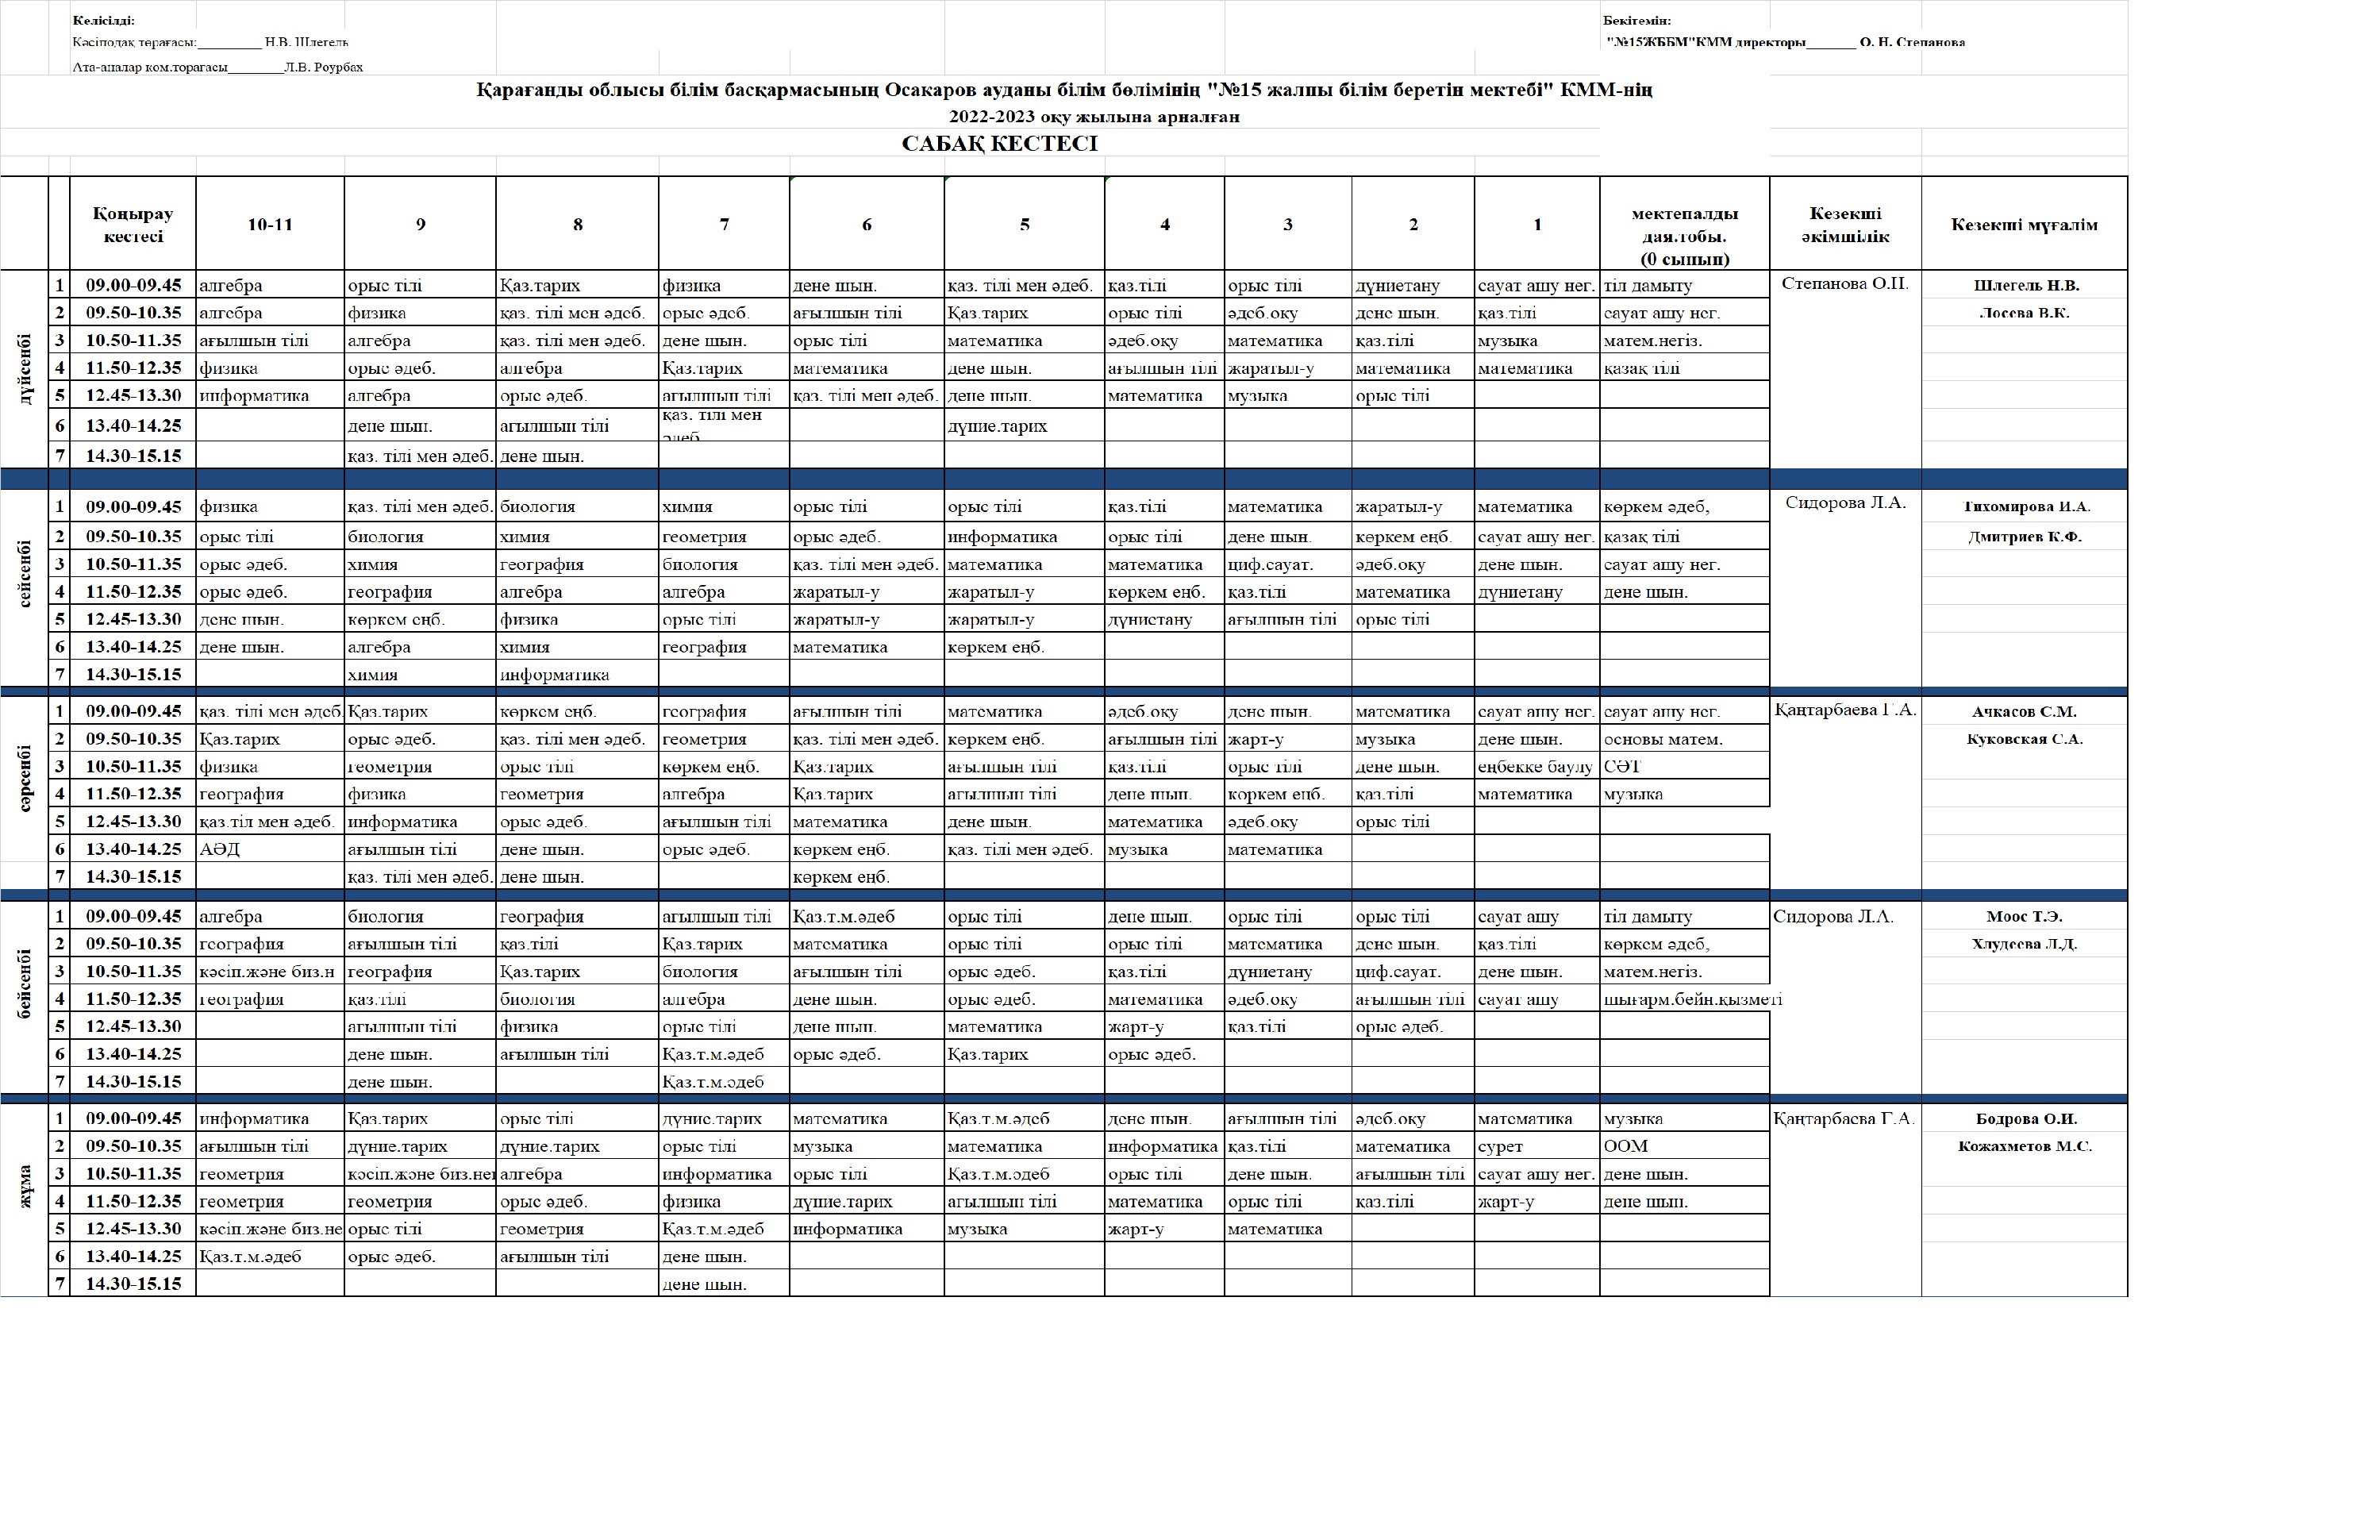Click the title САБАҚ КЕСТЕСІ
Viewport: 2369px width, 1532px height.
[x=998, y=143]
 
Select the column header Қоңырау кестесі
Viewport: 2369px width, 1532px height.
[x=133, y=225]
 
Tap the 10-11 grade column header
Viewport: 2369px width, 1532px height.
[x=270, y=225]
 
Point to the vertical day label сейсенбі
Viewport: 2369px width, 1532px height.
[x=25, y=574]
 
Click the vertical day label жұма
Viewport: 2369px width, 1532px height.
[x=25, y=1187]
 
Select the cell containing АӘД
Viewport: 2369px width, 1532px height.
[x=220, y=849]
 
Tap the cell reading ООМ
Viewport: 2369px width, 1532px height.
[x=1625, y=1146]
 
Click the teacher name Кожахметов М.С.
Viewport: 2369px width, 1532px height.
[x=2024, y=1146]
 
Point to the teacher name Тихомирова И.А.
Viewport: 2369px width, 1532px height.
[x=2025, y=506]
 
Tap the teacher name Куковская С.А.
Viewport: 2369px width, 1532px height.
[x=2024, y=739]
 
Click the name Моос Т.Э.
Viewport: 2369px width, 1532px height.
[x=2024, y=916]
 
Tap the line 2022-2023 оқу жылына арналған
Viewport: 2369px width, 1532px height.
[x=1093, y=117]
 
